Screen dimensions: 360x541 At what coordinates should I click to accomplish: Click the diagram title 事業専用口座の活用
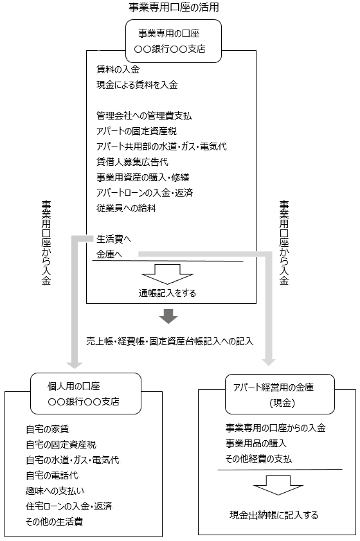pyautogui.click(x=174, y=7)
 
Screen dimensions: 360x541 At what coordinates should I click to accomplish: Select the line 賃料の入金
pyautogui.click(x=118, y=69)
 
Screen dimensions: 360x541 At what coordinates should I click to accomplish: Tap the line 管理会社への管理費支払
pyautogui.click(x=144, y=116)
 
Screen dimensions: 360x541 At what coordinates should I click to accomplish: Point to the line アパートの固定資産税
pyautogui.click(x=137, y=131)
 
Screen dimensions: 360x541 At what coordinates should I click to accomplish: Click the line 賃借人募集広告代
pyautogui.click(x=132, y=162)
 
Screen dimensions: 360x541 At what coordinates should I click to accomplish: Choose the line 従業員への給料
pyautogui.click(x=126, y=208)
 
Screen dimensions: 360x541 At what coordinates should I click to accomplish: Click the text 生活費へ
pyautogui.click(x=114, y=239)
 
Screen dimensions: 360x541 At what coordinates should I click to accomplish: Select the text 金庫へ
pyautogui.click(x=109, y=254)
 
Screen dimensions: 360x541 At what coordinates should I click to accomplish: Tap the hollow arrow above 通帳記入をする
pyautogui.click(x=167, y=274)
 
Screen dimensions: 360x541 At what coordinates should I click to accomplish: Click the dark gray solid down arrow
pyautogui.click(x=168, y=316)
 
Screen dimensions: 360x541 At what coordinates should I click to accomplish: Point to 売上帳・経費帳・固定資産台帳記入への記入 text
pyautogui.click(x=170, y=341)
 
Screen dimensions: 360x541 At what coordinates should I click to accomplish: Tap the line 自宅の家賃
pyautogui.click(x=48, y=429)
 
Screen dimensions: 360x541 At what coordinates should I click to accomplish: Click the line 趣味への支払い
pyautogui.click(x=55, y=491)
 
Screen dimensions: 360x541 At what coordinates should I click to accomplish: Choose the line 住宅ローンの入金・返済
pyautogui.click(x=69, y=506)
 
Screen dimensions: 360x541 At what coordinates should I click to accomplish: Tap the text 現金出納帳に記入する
pyautogui.click(x=274, y=515)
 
